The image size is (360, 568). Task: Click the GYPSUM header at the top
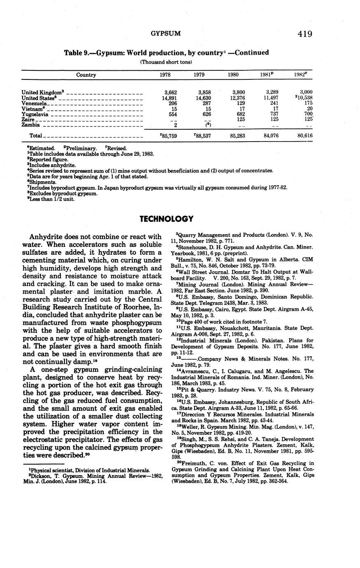coord(166,33)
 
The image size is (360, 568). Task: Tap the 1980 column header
coord(233,75)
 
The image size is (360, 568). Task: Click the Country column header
coord(86,75)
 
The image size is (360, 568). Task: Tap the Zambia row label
coord(30,125)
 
